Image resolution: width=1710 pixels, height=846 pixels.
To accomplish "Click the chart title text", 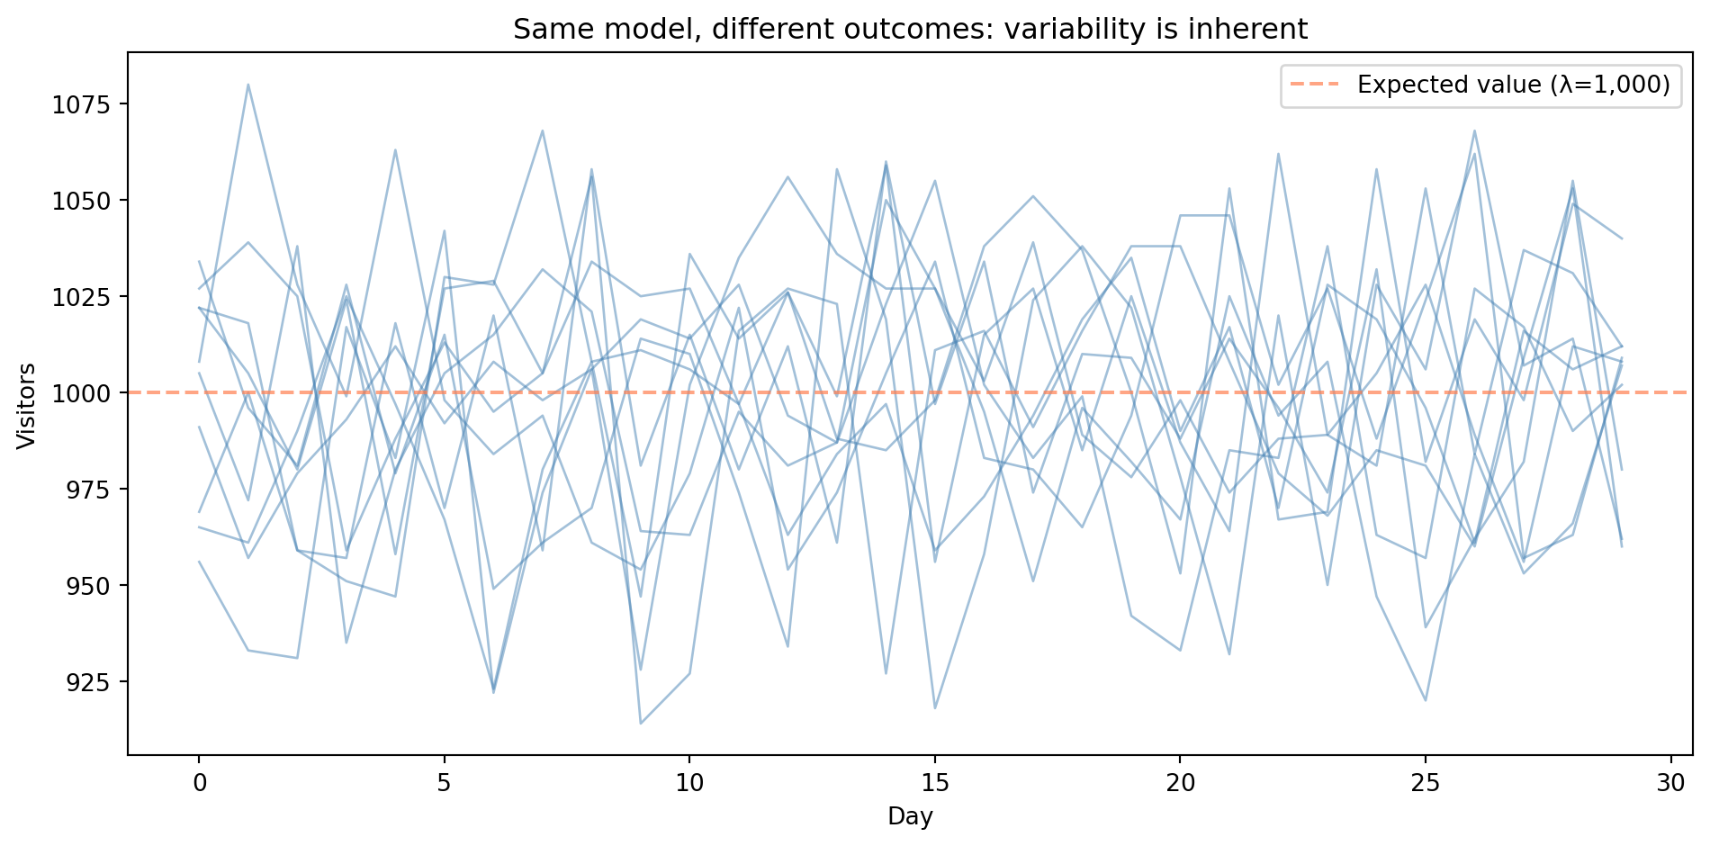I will click(910, 30).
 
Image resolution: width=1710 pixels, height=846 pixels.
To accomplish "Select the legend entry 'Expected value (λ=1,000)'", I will click(1513, 85).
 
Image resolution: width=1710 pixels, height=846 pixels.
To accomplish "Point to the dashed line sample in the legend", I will click(1315, 85).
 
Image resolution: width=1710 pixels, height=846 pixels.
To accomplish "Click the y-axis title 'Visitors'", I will click(28, 405).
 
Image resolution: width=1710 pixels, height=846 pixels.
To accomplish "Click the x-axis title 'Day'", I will click(910, 817).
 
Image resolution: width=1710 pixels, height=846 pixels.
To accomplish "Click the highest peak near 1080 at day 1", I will click(247, 85).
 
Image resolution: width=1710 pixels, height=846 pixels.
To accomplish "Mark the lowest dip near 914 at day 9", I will click(640, 723).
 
